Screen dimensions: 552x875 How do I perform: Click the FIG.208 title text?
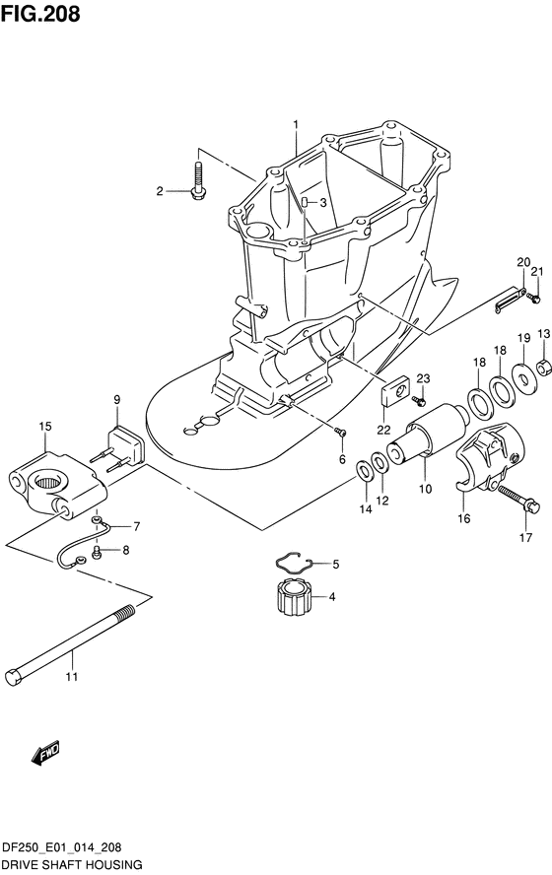[x=40, y=14]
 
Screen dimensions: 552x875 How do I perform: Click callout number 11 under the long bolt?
[x=71, y=677]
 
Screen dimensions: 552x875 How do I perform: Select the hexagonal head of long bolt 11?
[x=14, y=676]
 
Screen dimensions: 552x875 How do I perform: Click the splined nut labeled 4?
[x=293, y=596]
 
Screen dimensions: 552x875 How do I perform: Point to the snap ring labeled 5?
[x=297, y=563]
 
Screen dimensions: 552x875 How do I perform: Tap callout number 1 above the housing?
[x=296, y=124]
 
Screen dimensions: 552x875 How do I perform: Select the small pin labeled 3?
[x=305, y=202]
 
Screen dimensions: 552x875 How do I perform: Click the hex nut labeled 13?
[x=544, y=367]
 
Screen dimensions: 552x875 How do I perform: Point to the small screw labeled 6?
[x=340, y=432]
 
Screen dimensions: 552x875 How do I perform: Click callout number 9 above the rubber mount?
[x=116, y=399]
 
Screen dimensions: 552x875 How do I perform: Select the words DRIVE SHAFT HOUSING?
[x=71, y=864]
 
